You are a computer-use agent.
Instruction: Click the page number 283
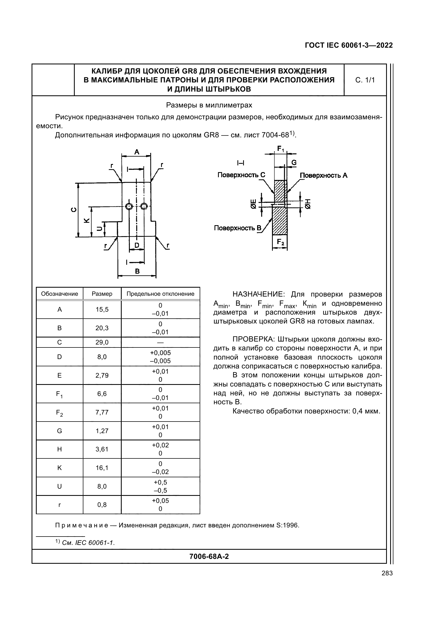(x=387, y=573)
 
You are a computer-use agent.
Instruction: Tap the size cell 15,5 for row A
(x=102, y=309)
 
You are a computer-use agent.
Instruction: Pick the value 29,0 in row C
(x=102, y=342)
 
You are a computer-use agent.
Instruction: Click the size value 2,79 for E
(x=102, y=375)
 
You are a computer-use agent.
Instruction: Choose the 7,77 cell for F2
(x=102, y=412)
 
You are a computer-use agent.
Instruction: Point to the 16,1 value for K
(x=102, y=468)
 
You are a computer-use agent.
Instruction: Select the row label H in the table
(x=59, y=449)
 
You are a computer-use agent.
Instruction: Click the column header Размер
(x=102, y=294)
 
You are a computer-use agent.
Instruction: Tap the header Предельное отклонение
(x=160, y=294)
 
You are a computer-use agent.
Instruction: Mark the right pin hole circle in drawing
(x=144, y=206)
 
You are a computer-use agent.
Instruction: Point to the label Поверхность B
(x=237, y=228)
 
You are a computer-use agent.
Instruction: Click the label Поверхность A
(x=324, y=175)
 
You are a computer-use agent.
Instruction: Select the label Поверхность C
(x=241, y=175)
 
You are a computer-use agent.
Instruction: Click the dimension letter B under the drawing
(x=137, y=272)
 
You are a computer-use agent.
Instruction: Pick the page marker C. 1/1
(x=365, y=80)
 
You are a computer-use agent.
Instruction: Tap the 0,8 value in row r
(x=102, y=504)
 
